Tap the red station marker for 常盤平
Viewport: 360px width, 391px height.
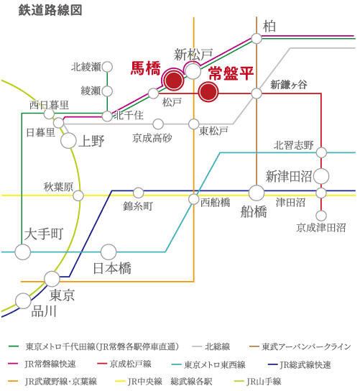click(x=208, y=92)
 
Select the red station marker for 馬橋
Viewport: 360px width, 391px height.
click(x=173, y=80)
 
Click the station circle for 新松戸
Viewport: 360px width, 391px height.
click(x=193, y=70)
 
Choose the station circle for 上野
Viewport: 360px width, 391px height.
click(x=68, y=140)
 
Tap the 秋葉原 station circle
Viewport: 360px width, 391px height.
click(x=78, y=195)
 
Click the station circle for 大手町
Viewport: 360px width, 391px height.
click(x=23, y=252)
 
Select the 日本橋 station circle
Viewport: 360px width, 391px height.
click(x=109, y=252)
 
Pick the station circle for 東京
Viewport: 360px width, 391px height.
click(x=52, y=279)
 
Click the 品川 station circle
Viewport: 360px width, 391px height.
click(x=23, y=301)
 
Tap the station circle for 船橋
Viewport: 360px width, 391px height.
click(x=257, y=193)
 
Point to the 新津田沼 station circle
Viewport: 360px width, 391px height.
click(x=321, y=176)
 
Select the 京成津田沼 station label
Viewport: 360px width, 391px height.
click(x=321, y=228)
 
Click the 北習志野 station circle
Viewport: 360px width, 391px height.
click(x=321, y=152)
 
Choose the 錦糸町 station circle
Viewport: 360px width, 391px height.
click(x=139, y=192)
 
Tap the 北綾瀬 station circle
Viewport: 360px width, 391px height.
click(x=107, y=67)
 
